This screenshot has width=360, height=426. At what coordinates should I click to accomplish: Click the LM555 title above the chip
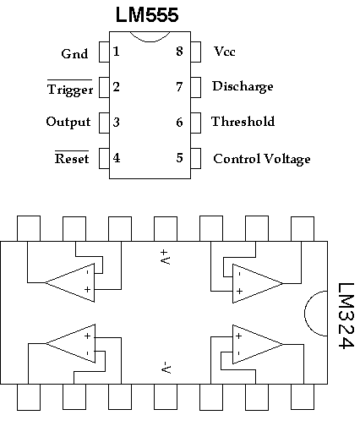point(147,14)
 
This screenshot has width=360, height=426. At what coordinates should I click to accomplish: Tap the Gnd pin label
point(74,53)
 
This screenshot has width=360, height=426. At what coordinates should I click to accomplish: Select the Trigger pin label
point(70,90)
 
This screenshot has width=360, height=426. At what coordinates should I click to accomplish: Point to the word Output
point(68,122)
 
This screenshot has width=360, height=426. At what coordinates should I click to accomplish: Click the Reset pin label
point(72,159)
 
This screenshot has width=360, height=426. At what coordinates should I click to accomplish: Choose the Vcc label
point(225,52)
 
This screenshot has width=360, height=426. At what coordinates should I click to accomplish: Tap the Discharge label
point(243,86)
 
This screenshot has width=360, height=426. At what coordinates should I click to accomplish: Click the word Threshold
point(243,122)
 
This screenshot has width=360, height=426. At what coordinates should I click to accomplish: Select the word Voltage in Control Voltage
point(287,159)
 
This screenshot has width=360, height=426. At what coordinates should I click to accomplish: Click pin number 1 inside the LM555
point(116,52)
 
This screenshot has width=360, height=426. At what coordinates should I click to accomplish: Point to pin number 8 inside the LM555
point(179,52)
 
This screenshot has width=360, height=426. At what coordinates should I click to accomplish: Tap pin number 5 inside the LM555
point(179,158)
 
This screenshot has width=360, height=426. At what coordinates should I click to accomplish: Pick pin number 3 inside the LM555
point(116,123)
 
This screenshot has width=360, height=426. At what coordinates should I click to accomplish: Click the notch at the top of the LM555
point(150,41)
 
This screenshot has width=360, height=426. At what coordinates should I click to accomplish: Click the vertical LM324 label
point(346,315)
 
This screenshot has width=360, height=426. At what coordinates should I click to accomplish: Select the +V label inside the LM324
point(165,257)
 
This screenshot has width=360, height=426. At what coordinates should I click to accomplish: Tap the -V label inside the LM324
point(166,368)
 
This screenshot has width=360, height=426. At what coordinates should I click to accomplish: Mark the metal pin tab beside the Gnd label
point(104,52)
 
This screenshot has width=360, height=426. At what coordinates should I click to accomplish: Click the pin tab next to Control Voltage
point(196,158)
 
